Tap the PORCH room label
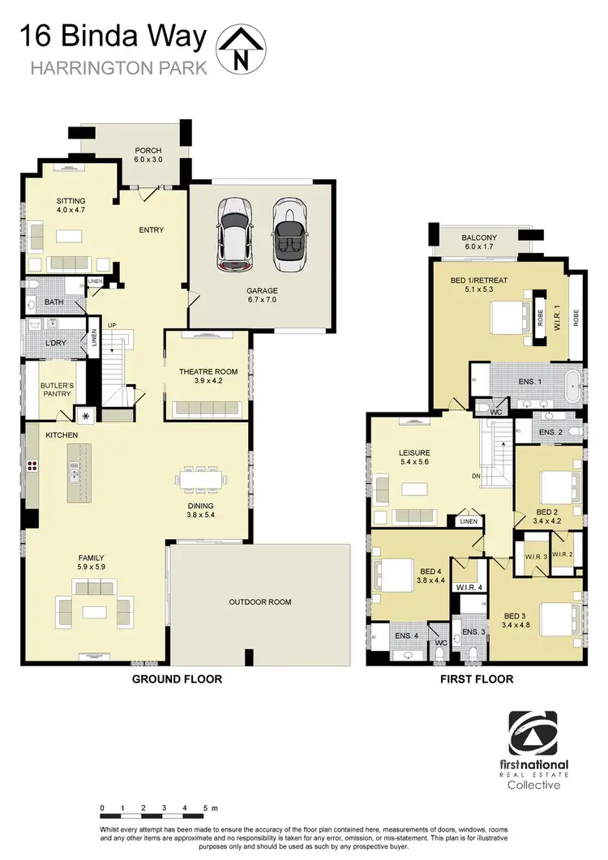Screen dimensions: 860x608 [x=148, y=151]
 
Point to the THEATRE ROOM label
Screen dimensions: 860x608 [x=208, y=371]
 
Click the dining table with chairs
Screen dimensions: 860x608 [x=199, y=481]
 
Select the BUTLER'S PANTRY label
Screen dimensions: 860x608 [x=58, y=388]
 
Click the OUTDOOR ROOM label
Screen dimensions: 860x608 [x=259, y=602]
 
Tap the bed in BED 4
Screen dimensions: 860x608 [x=392, y=575]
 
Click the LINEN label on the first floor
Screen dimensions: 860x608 [x=469, y=521]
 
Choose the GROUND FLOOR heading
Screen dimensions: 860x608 [x=177, y=679]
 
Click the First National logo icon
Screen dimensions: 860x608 [x=537, y=734]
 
